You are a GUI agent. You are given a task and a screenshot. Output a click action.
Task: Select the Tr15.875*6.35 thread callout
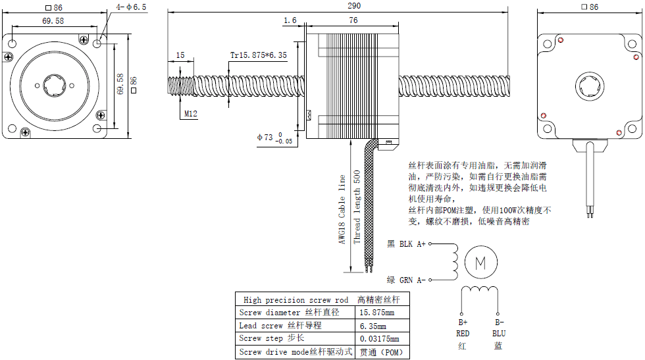[x=258, y=55]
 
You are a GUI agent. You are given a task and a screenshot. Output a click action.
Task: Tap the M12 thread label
[x=191, y=114]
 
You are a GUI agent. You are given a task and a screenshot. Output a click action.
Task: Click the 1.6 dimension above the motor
[x=290, y=21]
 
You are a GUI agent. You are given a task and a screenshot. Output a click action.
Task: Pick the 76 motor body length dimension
[x=353, y=21]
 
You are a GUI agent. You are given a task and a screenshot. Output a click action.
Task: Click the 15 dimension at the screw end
[x=180, y=55]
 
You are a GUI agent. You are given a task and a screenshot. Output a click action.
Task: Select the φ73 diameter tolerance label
[x=275, y=138]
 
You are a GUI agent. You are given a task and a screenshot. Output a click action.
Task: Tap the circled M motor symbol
[x=480, y=263]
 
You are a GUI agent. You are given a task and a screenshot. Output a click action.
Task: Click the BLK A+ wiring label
[x=407, y=244]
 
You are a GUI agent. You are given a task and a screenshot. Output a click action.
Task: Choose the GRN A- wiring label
[x=407, y=280]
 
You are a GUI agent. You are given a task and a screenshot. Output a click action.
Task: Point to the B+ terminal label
[x=462, y=322]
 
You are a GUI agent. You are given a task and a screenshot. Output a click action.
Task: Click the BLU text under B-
[x=499, y=334]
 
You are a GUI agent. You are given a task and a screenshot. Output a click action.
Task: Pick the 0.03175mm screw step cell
[x=379, y=339]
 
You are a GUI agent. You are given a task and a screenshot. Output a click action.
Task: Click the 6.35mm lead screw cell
[x=373, y=326]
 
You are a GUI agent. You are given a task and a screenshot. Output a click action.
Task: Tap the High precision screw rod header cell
[x=296, y=299]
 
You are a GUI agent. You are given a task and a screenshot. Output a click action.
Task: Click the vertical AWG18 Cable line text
[x=342, y=209]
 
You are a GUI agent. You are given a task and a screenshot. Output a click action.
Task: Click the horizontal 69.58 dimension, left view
[x=53, y=21]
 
